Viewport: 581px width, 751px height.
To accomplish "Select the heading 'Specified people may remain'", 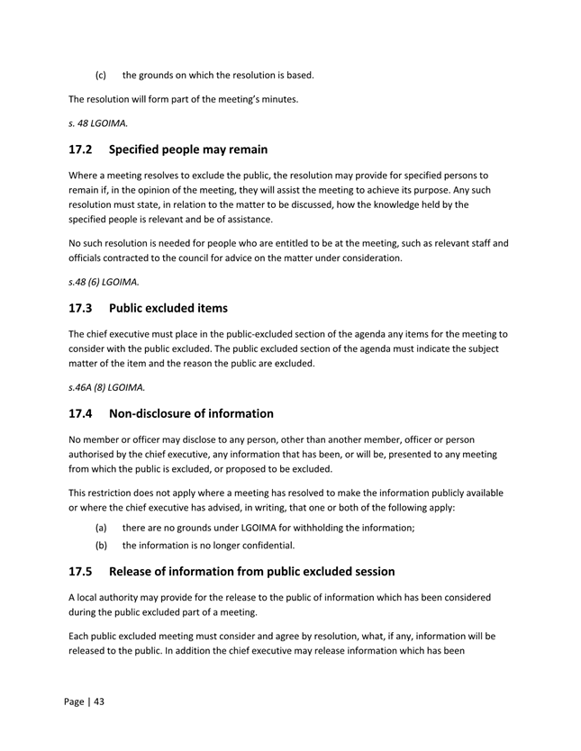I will (x=188, y=149).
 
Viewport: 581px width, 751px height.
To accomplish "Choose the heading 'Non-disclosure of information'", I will (x=191, y=413).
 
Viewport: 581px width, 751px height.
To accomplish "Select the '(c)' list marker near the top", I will (x=102, y=75).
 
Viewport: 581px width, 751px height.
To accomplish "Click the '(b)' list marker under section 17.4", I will (x=102, y=545).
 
